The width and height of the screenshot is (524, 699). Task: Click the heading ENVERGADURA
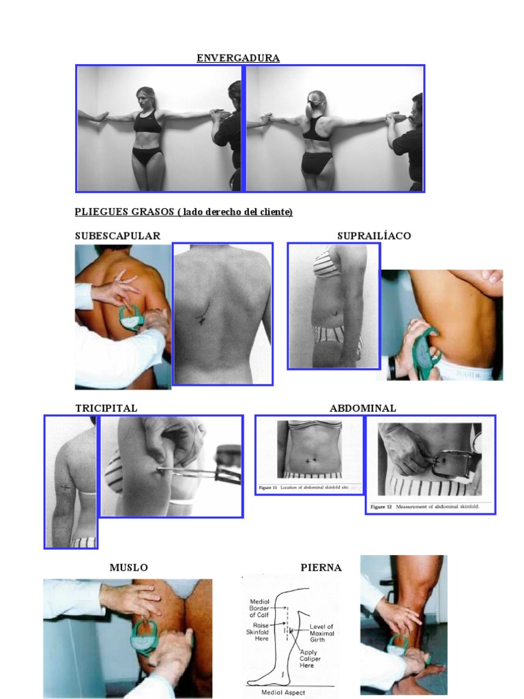[x=238, y=58]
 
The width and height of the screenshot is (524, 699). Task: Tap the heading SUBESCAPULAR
[x=117, y=236]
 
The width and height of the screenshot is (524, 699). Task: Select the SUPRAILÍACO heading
[x=374, y=236]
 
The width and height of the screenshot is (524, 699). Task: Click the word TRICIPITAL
[x=106, y=408]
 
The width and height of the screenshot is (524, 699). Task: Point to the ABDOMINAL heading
[x=362, y=408]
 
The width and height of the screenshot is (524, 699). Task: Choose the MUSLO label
[x=128, y=567]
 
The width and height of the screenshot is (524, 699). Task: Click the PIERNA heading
[x=321, y=567]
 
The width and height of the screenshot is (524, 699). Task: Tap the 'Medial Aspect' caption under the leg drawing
[x=286, y=691]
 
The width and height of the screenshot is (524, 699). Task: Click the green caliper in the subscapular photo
[x=132, y=319]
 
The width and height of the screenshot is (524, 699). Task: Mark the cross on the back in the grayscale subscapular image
[x=202, y=319]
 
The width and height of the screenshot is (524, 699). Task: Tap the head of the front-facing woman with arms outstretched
[x=146, y=98]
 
